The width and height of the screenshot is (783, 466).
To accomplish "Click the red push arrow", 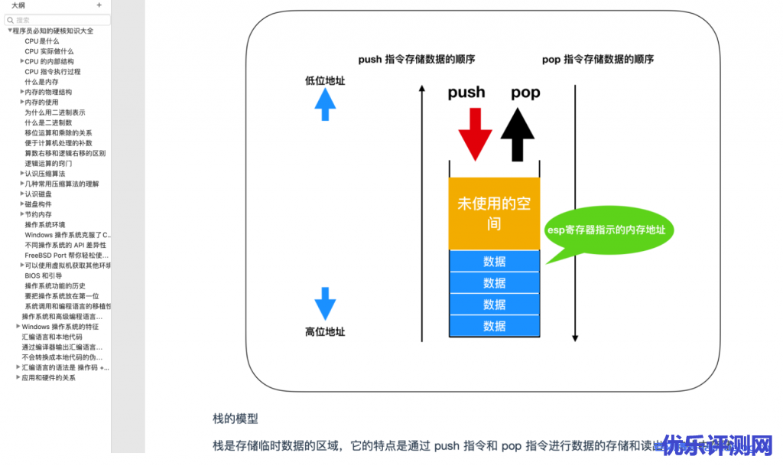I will [475, 134].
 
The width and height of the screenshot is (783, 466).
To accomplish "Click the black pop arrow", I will [518, 134].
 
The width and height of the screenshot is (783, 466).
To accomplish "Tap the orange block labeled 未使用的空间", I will [494, 213].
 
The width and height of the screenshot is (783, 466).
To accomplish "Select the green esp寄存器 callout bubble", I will [606, 230].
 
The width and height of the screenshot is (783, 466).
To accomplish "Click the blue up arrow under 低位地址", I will [325, 104].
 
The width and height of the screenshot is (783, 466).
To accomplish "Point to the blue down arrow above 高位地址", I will [325, 303].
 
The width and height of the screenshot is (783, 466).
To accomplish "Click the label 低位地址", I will [325, 80].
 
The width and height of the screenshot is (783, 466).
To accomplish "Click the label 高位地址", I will [325, 331].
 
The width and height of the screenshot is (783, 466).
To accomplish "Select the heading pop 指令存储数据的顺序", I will [598, 60].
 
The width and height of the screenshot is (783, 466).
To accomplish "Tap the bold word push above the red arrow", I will [466, 93].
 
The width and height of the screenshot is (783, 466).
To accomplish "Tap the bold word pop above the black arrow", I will [525, 93].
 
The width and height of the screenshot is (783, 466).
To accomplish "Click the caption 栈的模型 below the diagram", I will [236, 419].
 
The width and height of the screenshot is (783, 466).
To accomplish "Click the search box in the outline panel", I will [57, 20].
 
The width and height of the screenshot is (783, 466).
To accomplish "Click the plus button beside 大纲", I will [99, 5].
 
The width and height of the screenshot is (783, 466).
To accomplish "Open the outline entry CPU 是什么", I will [41, 41].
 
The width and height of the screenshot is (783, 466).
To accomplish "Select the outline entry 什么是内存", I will [41, 82].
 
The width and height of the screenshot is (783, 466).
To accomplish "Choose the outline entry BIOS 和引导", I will [43, 275].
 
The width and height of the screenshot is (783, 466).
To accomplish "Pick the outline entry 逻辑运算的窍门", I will [48, 163].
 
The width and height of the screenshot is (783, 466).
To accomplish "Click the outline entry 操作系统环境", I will [44, 224].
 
